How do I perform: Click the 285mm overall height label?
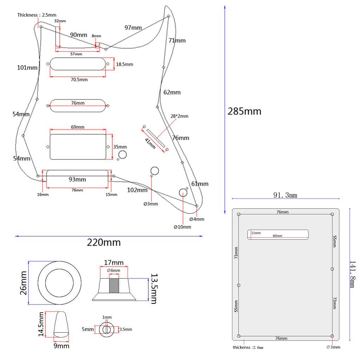coord(245,111)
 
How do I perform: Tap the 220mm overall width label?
coord(104,242)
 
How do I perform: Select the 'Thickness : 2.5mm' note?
coord(37,15)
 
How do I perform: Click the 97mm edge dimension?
coord(133,27)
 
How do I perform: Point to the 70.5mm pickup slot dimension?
coord(79,80)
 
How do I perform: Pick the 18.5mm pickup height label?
coord(124,64)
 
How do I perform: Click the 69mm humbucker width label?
coord(78,127)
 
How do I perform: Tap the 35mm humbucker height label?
coord(120,147)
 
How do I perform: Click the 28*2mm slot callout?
coord(180,116)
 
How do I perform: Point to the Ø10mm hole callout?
coord(182,227)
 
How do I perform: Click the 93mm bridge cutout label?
coord(77,179)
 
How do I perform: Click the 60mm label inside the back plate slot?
coord(277,236)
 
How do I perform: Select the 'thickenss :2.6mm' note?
coord(248,347)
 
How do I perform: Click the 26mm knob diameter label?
coord(23,283)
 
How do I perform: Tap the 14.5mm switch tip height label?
coord(41,324)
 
